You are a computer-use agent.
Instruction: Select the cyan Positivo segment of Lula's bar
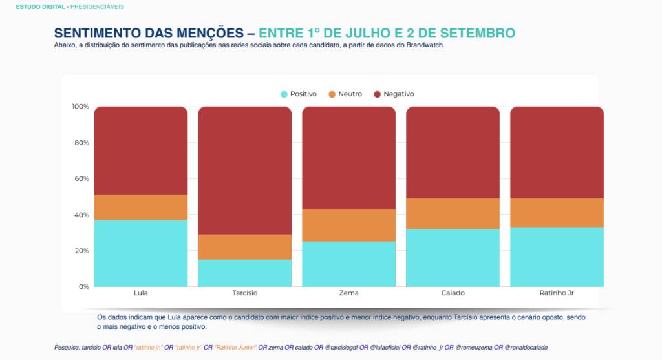click(x=141, y=253)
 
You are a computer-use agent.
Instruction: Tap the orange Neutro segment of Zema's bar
click(x=349, y=225)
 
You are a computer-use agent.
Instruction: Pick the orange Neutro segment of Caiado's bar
click(x=453, y=213)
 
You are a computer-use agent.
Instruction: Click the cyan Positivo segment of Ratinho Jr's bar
click(x=557, y=257)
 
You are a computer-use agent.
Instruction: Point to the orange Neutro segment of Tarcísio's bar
click(x=245, y=247)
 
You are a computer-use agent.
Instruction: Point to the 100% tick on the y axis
click(x=80, y=106)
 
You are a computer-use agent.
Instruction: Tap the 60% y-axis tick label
click(x=81, y=178)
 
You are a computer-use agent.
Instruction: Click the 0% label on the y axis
click(x=83, y=286)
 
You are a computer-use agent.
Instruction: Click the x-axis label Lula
click(x=140, y=293)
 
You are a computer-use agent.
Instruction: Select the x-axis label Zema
click(x=349, y=293)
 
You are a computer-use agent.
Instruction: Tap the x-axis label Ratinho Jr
click(x=557, y=293)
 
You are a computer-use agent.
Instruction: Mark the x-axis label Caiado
click(x=453, y=293)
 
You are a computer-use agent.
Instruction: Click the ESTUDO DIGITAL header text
click(x=41, y=6)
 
